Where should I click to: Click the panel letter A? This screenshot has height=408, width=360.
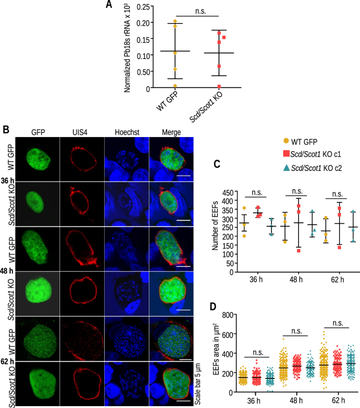pyautogui.click(x=109, y=5)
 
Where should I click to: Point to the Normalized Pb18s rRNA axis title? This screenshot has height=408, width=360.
pyautogui.click(x=128, y=48)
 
